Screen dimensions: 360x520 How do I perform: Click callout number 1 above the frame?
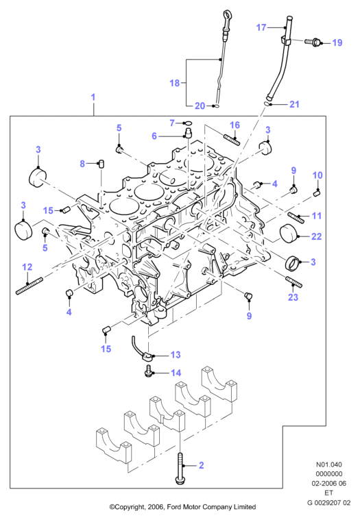[93, 97]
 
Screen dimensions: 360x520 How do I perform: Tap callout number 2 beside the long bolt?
[202, 465]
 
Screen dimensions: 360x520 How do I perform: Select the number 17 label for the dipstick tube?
[261, 27]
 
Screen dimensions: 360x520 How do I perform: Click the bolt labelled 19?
[313, 42]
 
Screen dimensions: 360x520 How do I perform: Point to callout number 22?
[317, 236]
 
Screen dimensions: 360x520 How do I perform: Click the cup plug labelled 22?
[289, 234]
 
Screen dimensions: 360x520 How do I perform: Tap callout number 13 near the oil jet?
[176, 355]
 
